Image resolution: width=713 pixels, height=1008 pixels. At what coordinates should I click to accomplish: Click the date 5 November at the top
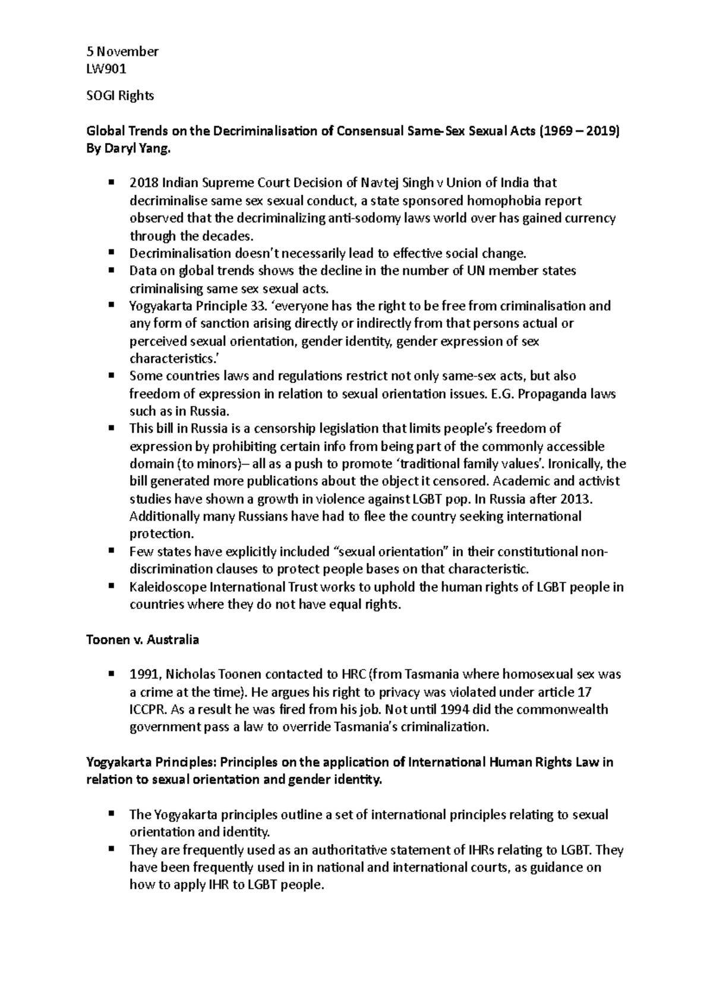(122, 52)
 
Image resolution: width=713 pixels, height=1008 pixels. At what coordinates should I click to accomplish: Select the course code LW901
(106, 69)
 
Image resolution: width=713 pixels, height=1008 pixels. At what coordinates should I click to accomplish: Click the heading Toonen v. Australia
(143, 640)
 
